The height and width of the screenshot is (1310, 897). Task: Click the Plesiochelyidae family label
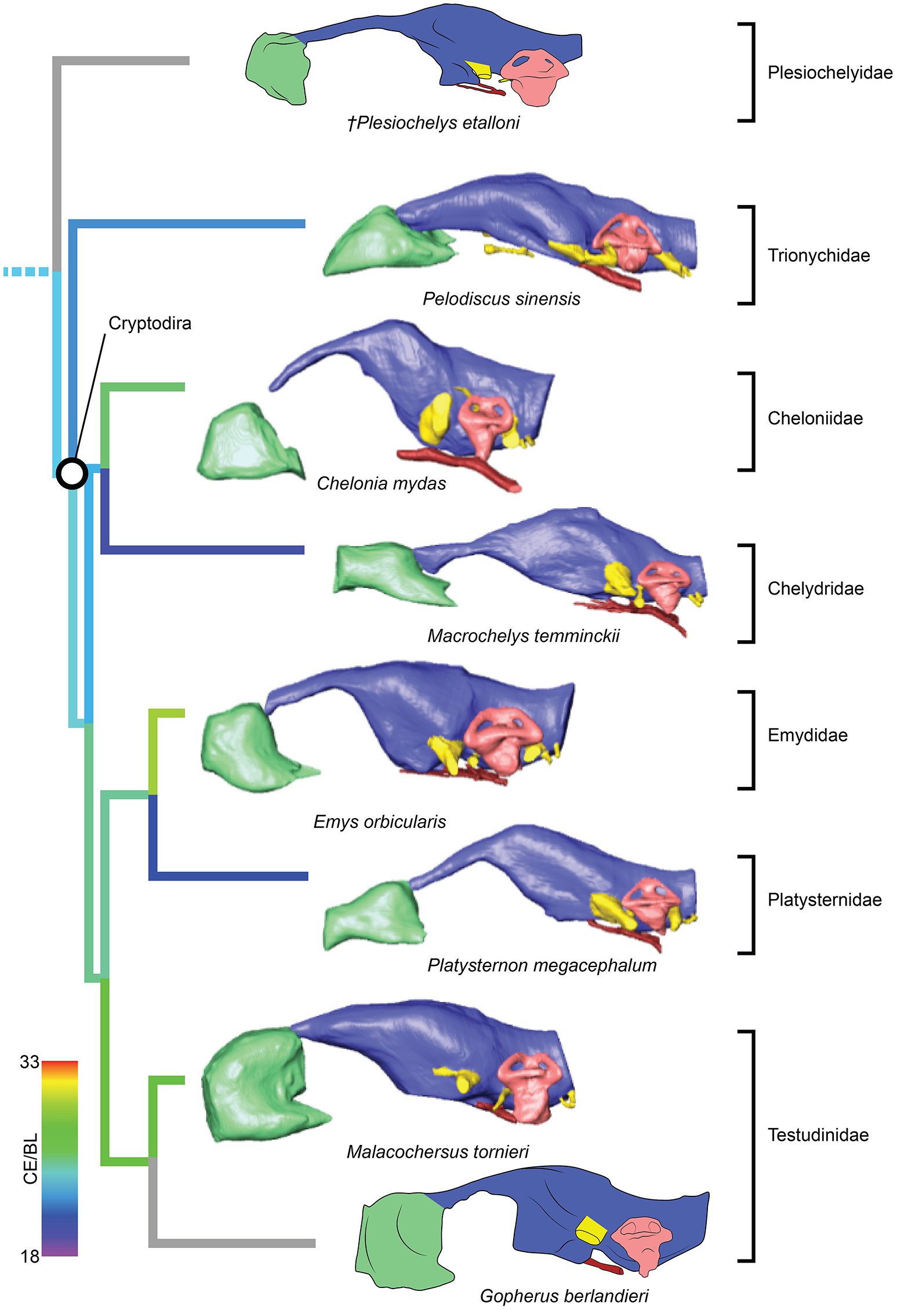[x=829, y=73]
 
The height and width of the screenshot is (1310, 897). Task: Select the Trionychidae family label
[x=818, y=256]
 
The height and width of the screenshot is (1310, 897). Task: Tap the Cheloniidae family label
[x=815, y=418]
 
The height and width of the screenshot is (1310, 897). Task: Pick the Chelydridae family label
[x=815, y=589]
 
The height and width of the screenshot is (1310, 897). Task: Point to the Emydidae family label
[x=807, y=735]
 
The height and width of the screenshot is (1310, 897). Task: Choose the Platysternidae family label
[x=824, y=900]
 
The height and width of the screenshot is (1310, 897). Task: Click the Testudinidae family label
[x=818, y=1135]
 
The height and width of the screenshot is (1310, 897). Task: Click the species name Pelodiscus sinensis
[x=501, y=299]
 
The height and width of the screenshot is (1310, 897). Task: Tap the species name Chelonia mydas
[x=381, y=483]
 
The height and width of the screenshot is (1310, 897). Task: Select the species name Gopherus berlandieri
[x=564, y=1296]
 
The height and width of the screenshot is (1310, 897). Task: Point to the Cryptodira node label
[x=150, y=323]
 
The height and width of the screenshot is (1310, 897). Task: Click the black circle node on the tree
[x=72, y=473]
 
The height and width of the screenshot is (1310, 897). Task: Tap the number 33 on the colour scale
[x=30, y=1062]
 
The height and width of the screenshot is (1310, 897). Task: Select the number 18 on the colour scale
[x=30, y=1256]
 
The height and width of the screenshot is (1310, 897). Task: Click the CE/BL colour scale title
[x=30, y=1159]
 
